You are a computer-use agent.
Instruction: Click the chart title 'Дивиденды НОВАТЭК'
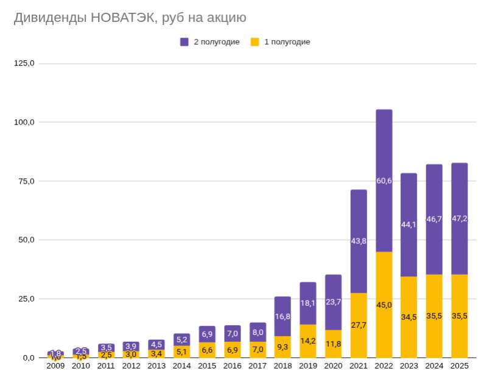click(130, 18)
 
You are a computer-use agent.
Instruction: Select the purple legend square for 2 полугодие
click(184, 42)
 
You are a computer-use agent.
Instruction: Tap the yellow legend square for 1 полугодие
click(255, 42)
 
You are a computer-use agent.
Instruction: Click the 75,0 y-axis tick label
click(26, 181)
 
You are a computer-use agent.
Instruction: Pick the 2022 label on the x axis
click(384, 367)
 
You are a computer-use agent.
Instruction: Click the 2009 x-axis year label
click(55, 367)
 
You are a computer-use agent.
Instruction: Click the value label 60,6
click(384, 181)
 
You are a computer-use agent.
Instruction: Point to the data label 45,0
click(384, 305)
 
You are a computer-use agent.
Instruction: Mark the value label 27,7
click(359, 325)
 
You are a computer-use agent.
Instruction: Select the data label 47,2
click(459, 219)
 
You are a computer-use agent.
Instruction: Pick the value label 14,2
click(308, 341)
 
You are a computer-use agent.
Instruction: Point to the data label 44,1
click(409, 224)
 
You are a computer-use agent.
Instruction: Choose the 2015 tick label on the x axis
click(207, 367)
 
